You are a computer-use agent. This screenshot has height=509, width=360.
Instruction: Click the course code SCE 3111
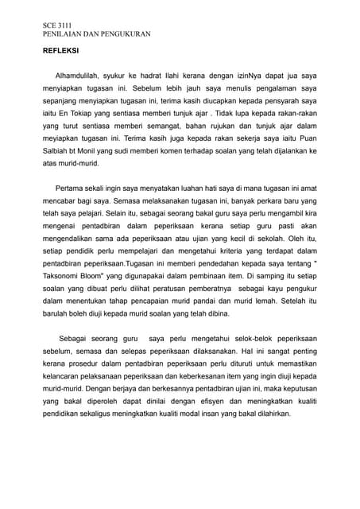[57, 27]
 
